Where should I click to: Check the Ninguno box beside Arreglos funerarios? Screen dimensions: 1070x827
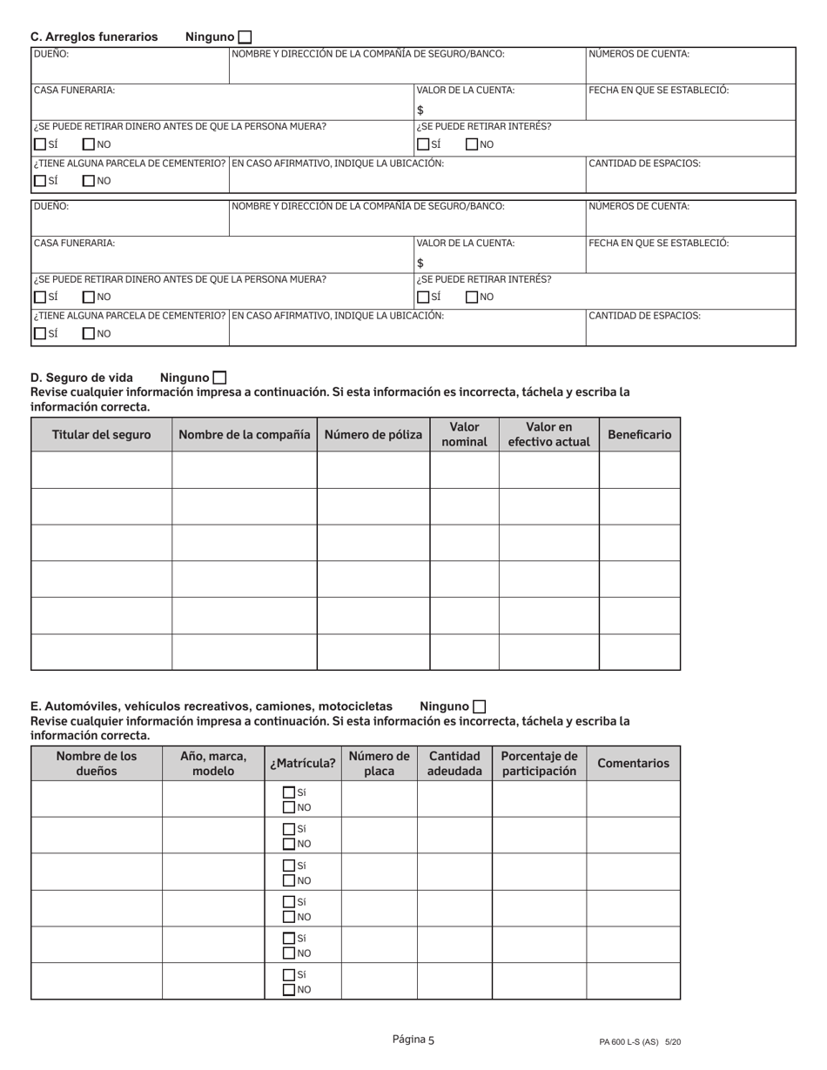(245, 37)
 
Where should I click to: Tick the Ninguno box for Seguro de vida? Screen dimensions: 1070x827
(219, 378)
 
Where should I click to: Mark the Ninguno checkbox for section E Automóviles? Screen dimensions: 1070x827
(479, 706)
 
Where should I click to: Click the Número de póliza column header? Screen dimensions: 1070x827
(373, 434)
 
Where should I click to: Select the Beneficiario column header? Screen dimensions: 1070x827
(639, 434)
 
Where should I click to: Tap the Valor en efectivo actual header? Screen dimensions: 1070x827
(548, 434)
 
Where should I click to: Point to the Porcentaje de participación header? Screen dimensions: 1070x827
(539, 763)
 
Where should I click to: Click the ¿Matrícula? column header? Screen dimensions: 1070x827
(302, 763)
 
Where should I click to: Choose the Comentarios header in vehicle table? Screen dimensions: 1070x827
(633, 763)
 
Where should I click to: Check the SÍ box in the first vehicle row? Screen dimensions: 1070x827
(289, 792)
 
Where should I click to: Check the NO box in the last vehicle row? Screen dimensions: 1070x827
(289, 989)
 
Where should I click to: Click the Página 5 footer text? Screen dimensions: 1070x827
(413, 1040)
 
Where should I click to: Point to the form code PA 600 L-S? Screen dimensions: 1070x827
(639, 1041)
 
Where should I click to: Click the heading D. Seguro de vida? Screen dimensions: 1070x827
(82, 378)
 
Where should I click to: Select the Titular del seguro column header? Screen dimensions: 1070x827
(101, 434)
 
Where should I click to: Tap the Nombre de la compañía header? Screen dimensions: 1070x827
(245, 434)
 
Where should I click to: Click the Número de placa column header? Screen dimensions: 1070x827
(379, 763)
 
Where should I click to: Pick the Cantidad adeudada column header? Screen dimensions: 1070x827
(454, 763)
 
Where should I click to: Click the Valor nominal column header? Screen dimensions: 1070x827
(464, 434)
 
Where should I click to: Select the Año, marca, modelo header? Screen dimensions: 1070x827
(213, 763)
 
